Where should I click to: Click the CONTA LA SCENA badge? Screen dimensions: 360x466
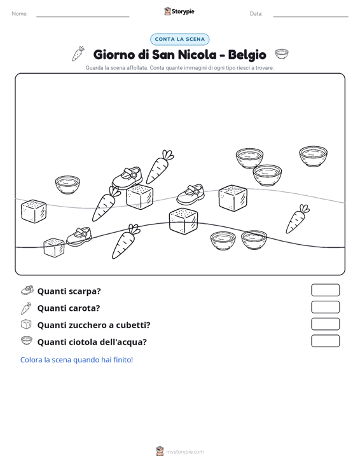(x=179, y=39)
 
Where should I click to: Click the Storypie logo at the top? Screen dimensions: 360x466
(x=179, y=11)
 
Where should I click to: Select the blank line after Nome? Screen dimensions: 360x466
(x=83, y=17)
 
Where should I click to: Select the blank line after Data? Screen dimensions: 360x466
(x=310, y=17)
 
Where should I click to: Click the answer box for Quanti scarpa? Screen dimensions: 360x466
(x=325, y=290)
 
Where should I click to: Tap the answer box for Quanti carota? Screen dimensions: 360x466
(x=325, y=307)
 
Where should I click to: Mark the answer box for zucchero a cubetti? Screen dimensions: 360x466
(x=325, y=324)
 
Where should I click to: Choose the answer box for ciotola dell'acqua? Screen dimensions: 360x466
(x=325, y=341)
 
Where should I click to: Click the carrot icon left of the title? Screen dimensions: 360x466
(x=78, y=54)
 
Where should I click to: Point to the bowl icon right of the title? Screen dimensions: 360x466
(x=282, y=54)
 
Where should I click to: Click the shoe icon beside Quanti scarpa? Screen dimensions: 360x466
(x=27, y=290)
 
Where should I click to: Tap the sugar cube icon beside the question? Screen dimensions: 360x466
(x=26, y=324)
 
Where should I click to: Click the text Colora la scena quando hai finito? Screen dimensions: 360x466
(x=76, y=360)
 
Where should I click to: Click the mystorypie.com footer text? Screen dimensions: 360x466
(x=184, y=452)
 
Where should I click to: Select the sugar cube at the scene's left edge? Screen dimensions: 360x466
(x=34, y=211)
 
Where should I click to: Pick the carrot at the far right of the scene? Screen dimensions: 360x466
(x=297, y=219)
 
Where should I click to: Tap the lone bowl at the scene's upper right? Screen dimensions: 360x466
(x=313, y=156)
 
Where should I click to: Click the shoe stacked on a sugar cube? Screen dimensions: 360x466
(x=127, y=178)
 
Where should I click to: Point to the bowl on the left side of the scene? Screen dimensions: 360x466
(x=67, y=185)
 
